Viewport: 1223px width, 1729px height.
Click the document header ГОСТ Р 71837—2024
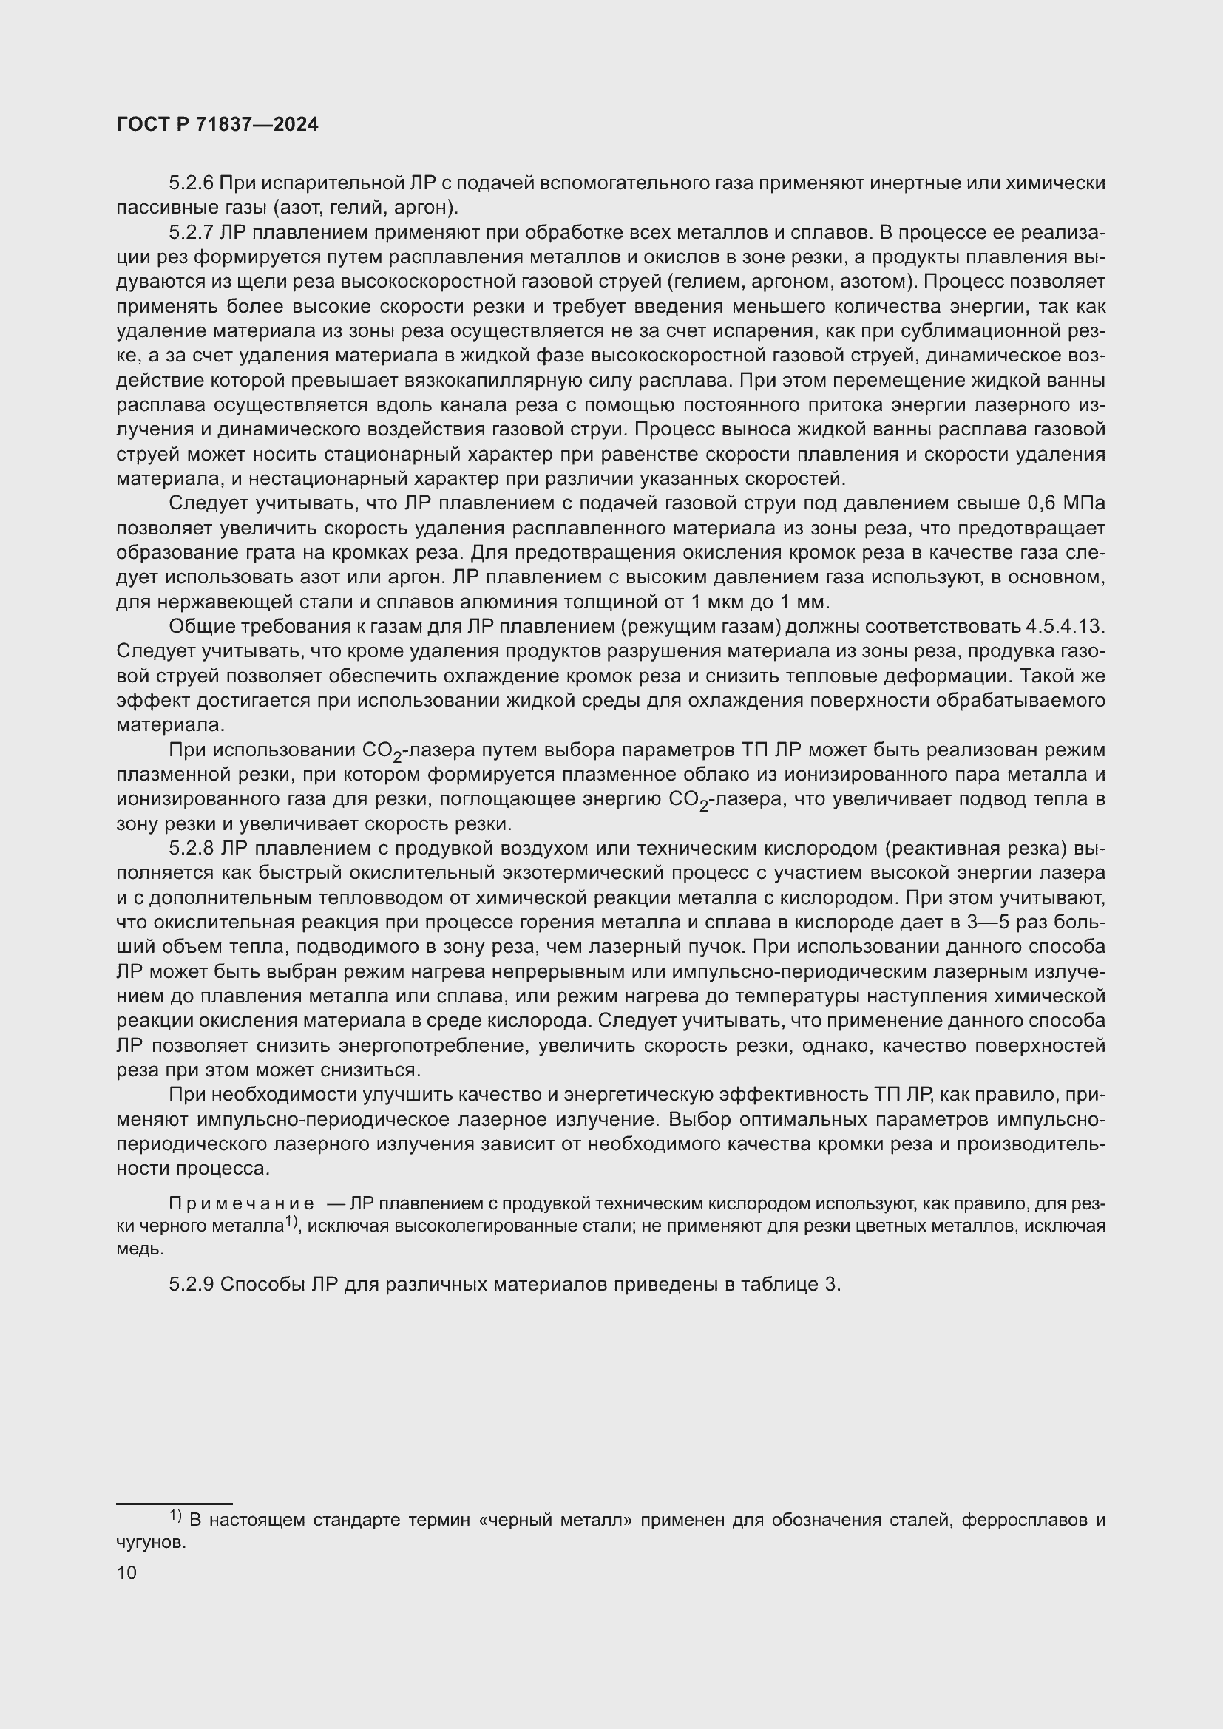pyautogui.click(x=217, y=125)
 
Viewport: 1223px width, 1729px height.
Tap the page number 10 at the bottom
pyautogui.click(x=127, y=1572)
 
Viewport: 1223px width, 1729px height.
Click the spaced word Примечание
pyautogui.click(x=241, y=1204)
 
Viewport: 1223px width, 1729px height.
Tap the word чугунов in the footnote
pyautogui.click(x=150, y=1542)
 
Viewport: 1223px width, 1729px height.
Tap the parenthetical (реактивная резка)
pyautogui.click(x=977, y=848)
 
